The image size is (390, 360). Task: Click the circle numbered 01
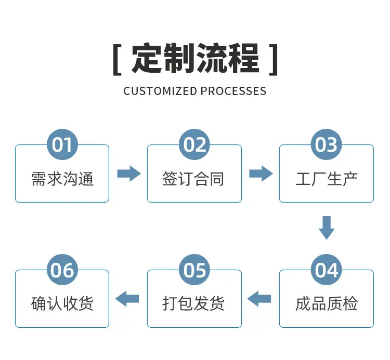(x=62, y=144)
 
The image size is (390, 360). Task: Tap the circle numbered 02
(x=194, y=144)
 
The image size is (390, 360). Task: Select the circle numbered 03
(x=327, y=144)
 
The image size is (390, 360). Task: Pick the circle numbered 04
(x=327, y=270)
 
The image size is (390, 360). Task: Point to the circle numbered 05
(x=194, y=270)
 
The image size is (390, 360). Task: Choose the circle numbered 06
(x=62, y=270)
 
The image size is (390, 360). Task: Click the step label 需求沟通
(x=62, y=179)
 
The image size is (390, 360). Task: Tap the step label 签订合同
(x=193, y=179)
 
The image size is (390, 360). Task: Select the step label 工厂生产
(x=327, y=179)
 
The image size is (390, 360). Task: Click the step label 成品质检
(x=327, y=303)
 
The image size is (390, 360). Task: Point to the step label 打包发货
(x=193, y=303)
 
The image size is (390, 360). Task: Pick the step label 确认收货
(x=62, y=303)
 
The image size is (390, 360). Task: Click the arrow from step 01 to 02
(x=129, y=174)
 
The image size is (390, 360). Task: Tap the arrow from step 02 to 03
(x=261, y=174)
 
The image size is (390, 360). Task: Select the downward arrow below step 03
(x=327, y=228)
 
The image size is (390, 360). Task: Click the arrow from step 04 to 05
(x=259, y=299)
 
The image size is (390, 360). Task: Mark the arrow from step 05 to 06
(x=127, y=299)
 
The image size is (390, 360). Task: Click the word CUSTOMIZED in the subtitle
(x=160, y=91)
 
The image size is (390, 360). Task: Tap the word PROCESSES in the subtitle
(x=233, y=91)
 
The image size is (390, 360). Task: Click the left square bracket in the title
(x=117, y=60)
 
